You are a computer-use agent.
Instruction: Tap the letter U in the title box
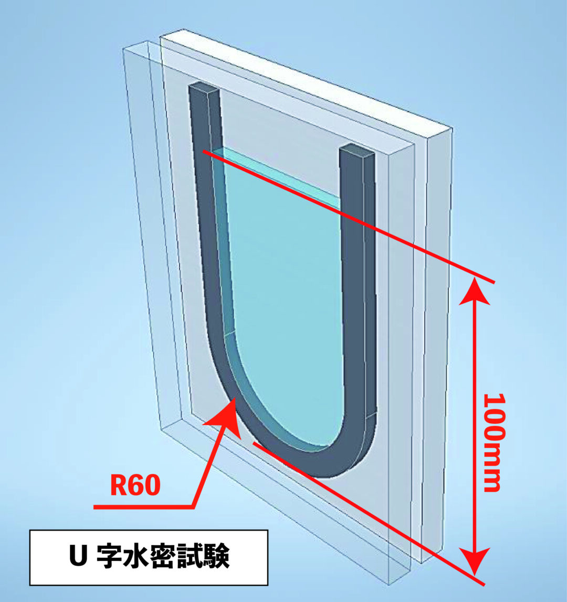point(78,557)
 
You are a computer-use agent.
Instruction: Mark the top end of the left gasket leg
point(204,90)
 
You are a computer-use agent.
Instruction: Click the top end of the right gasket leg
point(357,151)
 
